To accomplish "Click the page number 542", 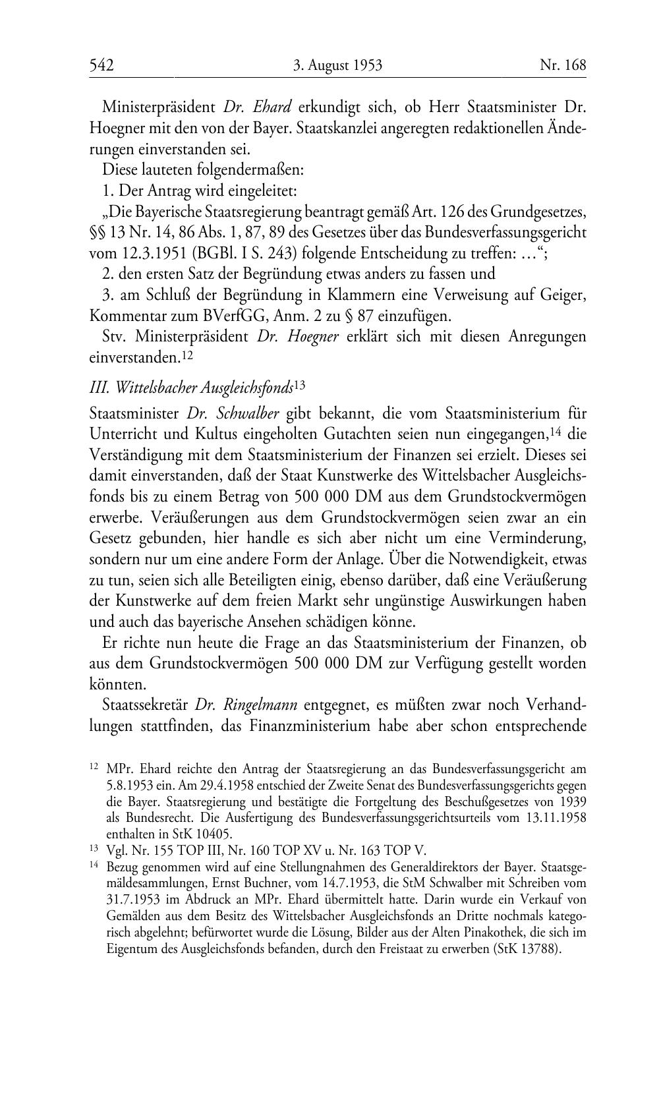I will pos(102,65).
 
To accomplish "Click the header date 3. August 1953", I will pos(337,65).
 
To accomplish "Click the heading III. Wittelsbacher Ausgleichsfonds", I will pos(190,388).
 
